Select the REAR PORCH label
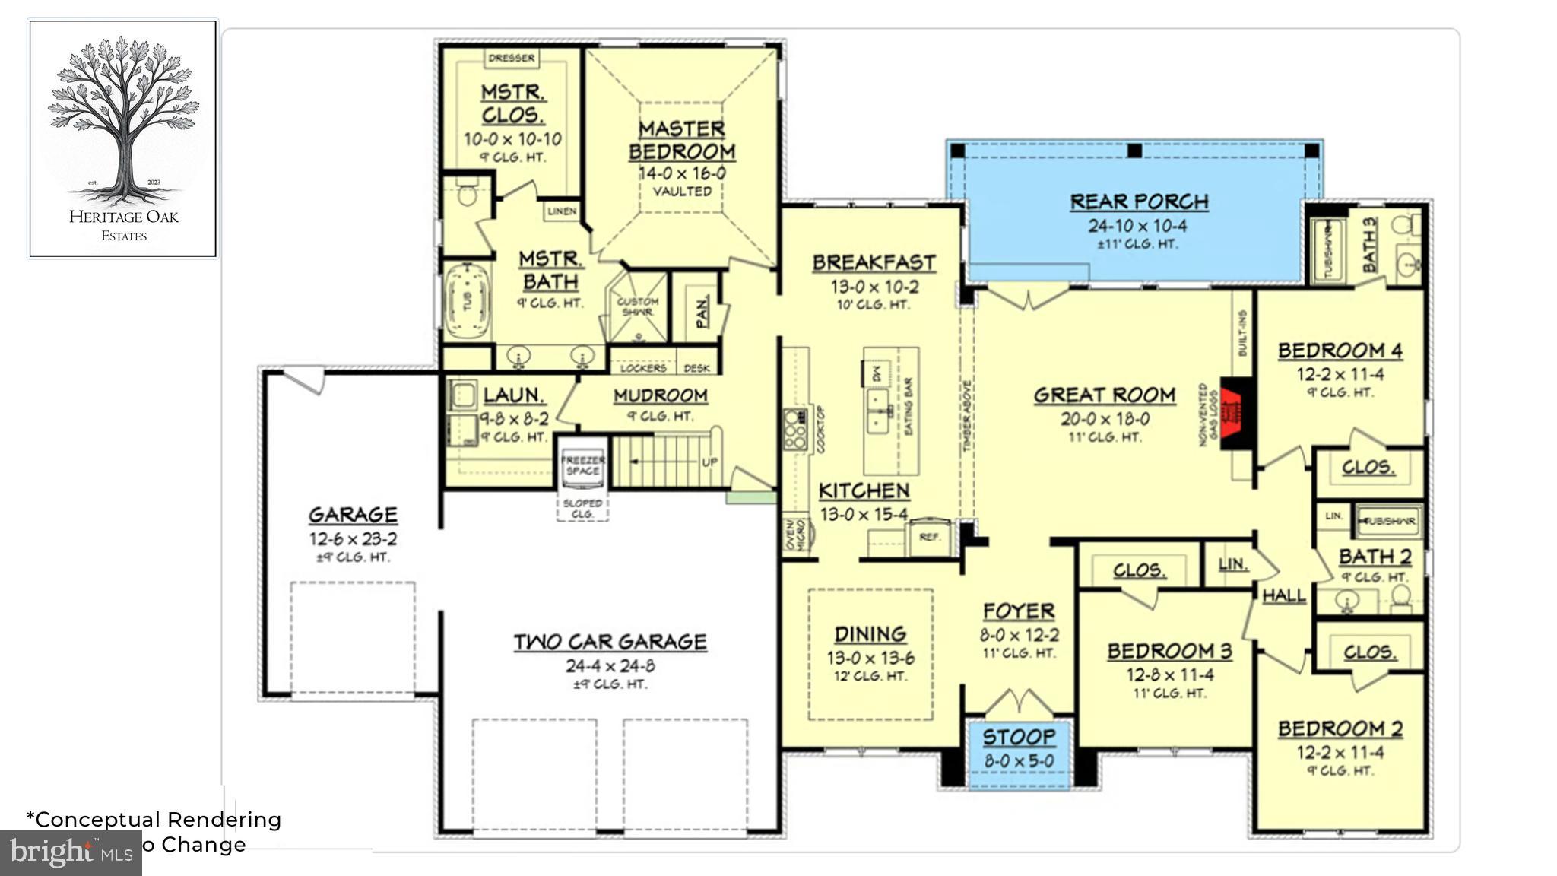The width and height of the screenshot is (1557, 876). pyautogui.click(x=1139, y=202)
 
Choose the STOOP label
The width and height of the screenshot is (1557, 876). pyautogui.click(x=1019, y=737)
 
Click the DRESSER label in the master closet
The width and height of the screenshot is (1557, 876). pyautogui.click(x=512, y=58)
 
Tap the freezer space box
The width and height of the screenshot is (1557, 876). pyautogui.click(x=582, y=465)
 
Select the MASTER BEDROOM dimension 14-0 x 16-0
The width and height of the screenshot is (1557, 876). pyautogui.click(x=682, y=173)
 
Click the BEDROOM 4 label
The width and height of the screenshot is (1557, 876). pyautogui.click(x=1340, y=351)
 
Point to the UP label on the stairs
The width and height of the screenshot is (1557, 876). pyautogui.click(x=709, y=462)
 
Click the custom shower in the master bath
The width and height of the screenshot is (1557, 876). pyautogui.click(x=637, y=307)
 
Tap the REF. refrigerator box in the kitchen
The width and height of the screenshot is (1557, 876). pyautogui.click(x=929, y=537)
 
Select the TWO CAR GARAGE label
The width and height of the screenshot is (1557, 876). pyautogui.click(x=610, y=642)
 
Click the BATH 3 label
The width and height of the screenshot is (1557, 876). pyautogui.click(x=1369, y=244)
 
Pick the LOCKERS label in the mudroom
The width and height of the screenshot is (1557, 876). pyautogui.click(x=643, y=368)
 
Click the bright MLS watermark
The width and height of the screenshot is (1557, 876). pyautogui.click(x=71, y=852)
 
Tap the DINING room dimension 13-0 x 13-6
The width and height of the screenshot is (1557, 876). pyautogui.click(x=870, y=658)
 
